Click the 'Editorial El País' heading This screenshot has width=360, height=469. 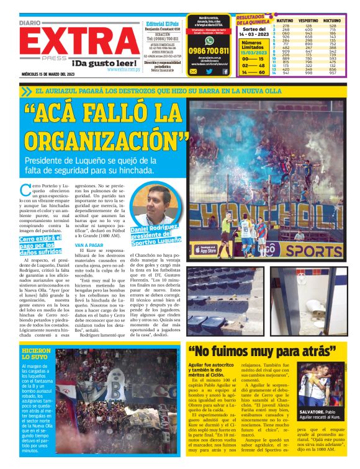click(x=164, y=23)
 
